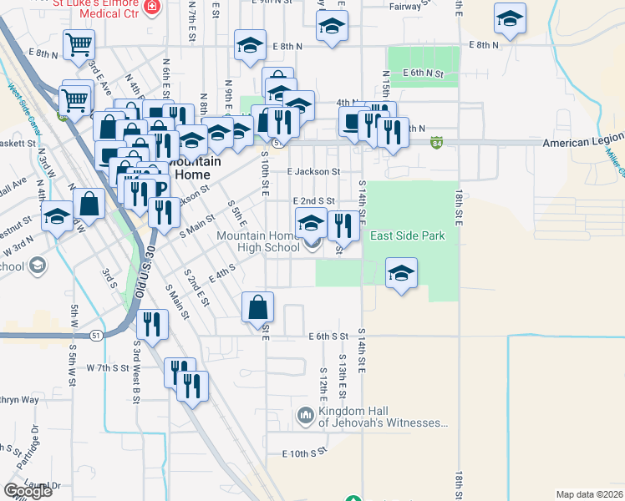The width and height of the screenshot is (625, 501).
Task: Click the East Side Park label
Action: pos(408,236)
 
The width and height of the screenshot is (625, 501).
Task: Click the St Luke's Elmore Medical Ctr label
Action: pos(95,7)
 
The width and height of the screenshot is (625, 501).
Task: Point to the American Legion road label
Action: pos(583,142)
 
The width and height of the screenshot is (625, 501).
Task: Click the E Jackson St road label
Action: pos(313,171)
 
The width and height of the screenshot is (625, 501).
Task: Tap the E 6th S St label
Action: pos(328,337)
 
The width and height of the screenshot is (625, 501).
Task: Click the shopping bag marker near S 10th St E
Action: pos(258,309)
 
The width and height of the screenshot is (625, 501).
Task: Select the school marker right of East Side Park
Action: pos(401,274)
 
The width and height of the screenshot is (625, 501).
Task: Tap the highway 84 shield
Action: pos(438,142)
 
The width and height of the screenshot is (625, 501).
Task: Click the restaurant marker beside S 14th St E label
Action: pos(342,225)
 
